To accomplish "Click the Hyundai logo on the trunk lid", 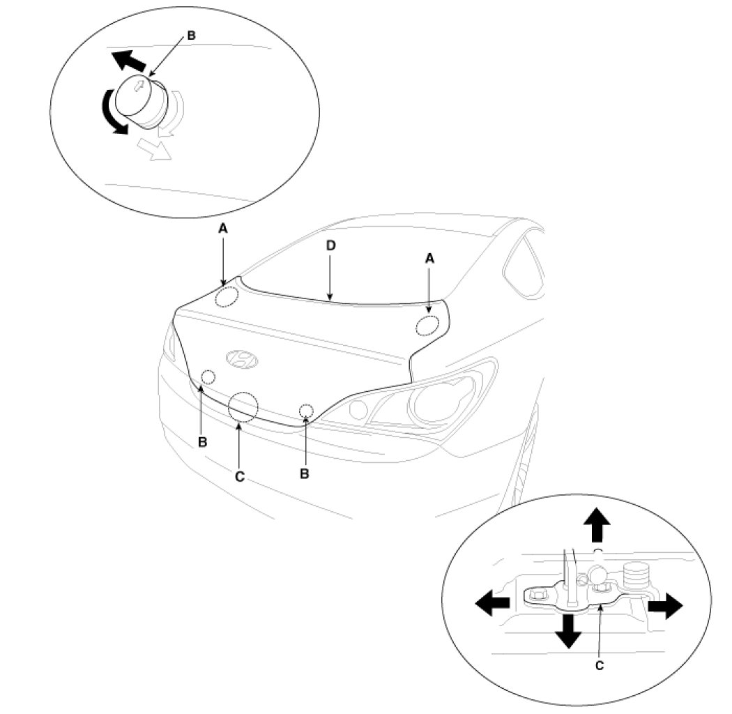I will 241,358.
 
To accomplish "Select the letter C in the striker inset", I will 600,664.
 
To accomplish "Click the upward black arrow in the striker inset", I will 597,524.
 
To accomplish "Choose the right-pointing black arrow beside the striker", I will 665,605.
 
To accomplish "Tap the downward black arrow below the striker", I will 568,630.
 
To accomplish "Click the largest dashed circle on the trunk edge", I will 243,407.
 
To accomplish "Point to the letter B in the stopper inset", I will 191,34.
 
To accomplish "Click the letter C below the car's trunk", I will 239,477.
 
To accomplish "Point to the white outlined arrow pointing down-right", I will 154,148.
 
